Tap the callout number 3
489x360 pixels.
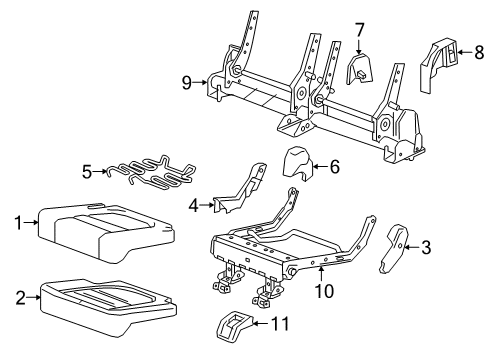(426, 246)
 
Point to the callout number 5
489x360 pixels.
(87, 172)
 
